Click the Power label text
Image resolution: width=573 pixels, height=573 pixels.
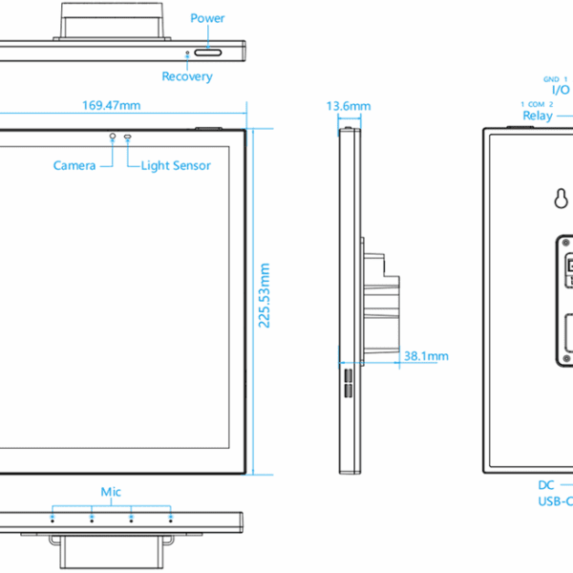pos(207,18)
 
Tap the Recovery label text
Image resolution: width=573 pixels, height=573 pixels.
pos(187,76)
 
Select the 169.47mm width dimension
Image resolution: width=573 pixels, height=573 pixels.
pos(111,106)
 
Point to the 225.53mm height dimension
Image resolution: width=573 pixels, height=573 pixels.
pos(265,295)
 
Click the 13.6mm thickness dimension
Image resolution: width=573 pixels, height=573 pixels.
pos(349,106)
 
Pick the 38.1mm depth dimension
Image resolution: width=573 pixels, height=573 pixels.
pos(426,356)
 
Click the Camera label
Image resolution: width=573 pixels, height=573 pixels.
pos(74,165)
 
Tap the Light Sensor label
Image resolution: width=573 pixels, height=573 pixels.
pos(176,165)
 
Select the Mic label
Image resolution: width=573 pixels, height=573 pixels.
pos(111,492)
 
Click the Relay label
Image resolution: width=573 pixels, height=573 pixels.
pos(538,116)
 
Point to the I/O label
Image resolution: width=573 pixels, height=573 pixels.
pos(561,90)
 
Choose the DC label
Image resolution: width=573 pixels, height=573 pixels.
pos(546,485)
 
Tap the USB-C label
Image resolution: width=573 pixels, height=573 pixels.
pos(556,501)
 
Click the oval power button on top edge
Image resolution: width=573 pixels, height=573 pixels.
pos(208,53)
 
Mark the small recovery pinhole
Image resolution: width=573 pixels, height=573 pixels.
pos(187,53)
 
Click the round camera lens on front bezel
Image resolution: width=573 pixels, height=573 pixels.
pos(113,136)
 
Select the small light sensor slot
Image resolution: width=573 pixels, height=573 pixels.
pos(128,137)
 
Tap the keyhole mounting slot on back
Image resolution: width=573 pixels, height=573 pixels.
pos(561,199)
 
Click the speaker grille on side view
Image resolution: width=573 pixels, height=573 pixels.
pos(349,383)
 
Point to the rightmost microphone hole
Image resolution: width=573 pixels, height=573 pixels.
pos(171,520)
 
